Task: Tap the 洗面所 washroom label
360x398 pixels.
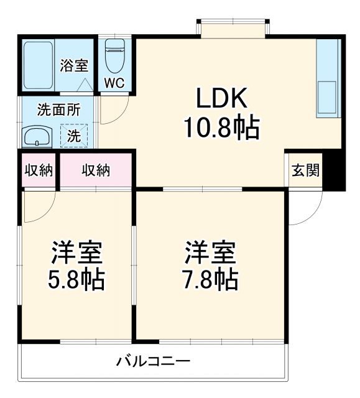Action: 59,110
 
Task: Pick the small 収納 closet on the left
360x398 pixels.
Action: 39,170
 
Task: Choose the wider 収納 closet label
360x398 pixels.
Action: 96,170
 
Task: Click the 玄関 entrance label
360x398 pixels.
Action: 306,170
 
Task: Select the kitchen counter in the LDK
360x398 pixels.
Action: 328,78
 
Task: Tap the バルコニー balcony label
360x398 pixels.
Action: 152,361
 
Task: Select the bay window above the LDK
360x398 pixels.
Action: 234,29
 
